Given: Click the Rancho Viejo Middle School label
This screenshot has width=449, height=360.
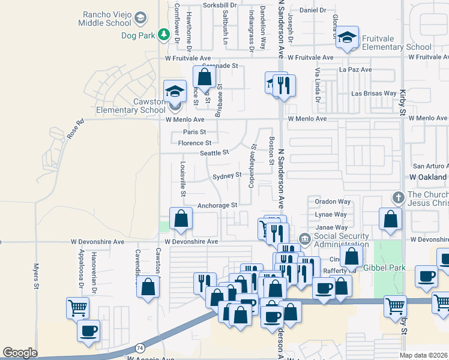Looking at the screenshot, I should pyautogui.click(x=105, y=19).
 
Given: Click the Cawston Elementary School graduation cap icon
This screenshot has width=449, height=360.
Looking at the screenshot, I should pyautogui.click(x=175, y=92).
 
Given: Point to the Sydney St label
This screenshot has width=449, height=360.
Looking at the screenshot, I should pyautogui.click(x=226, y=176).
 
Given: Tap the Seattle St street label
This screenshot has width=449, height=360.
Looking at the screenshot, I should pyautogui.click(x=214, y=153).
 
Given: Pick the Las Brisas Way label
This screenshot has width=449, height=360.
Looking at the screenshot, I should pyautogui.click(x=373, y=94).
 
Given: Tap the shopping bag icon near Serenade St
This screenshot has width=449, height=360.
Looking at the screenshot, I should pyautogui.click(x=204, y=77).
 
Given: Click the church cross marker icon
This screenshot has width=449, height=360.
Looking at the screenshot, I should pyautogui.click(x=397, y=197).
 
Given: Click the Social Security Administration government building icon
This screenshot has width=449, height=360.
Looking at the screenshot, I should pyautogui.click(x=304, y=239).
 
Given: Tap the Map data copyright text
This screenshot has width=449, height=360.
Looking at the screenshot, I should pyautogui.click(x=424, y=355).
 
